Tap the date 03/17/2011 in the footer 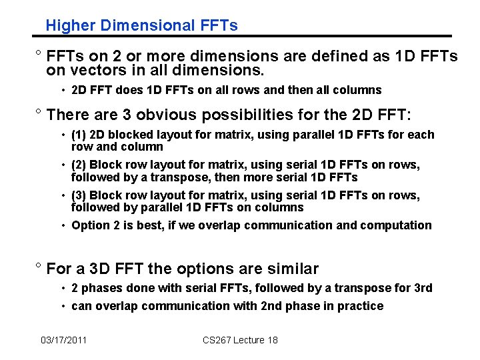click(x=63, y=340)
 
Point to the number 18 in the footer click(x=272, y=340)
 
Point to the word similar click(x=291, y=269)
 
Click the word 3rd click(x=423, y=288)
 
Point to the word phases click(x=100, y=288)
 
